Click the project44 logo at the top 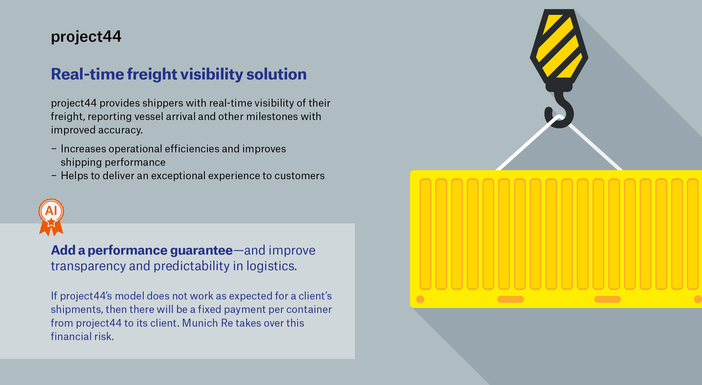86,36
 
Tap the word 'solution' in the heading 276,74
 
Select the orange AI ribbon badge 51,217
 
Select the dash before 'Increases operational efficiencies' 54,149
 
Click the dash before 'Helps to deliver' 54,176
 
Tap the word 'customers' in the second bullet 299,176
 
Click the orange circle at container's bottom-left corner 420,299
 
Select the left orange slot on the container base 511,299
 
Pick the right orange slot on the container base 608,299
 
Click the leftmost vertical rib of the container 425,234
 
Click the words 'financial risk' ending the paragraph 82,336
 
